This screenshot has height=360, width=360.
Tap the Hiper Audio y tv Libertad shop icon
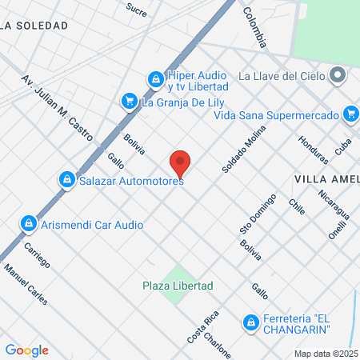(155, 80)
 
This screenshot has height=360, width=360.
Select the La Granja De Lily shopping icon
(128, 102)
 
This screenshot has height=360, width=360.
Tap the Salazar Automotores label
(132, 181)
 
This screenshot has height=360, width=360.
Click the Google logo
(26, 350)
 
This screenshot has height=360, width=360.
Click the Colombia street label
(259, 26)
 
